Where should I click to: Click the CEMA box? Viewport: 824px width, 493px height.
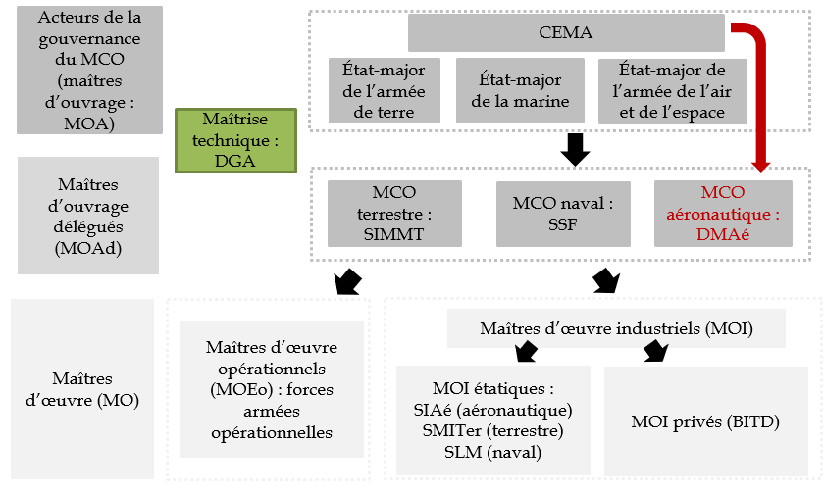[x=566, y=33]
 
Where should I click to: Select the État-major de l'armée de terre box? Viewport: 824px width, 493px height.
[x=385, y=91]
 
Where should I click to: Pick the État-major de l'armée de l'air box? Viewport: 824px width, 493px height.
[x=673, y=91]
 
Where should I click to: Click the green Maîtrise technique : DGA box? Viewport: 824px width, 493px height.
[x=234, y=140]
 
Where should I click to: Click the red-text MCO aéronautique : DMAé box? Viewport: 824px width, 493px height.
[x=724, y=213]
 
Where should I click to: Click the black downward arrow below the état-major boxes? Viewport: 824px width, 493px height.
[x=575, y=149]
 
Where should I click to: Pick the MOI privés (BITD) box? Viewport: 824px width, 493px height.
[x=705, y=422]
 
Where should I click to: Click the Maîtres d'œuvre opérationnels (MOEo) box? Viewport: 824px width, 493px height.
[x=271, y=389]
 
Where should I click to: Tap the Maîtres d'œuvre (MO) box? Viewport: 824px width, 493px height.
[x=83, y=389]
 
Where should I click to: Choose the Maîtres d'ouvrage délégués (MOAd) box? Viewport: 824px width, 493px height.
[x=87, y=217]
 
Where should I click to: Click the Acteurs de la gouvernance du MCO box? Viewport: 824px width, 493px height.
[x=86, y=71]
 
